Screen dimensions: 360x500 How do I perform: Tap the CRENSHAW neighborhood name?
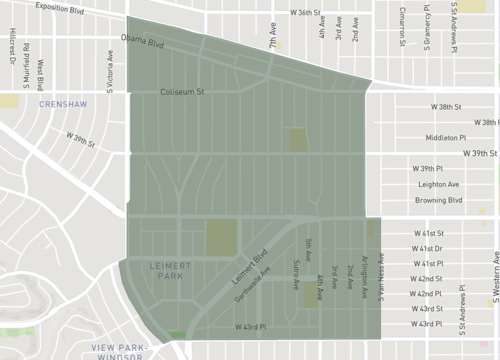tap(62, 104)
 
